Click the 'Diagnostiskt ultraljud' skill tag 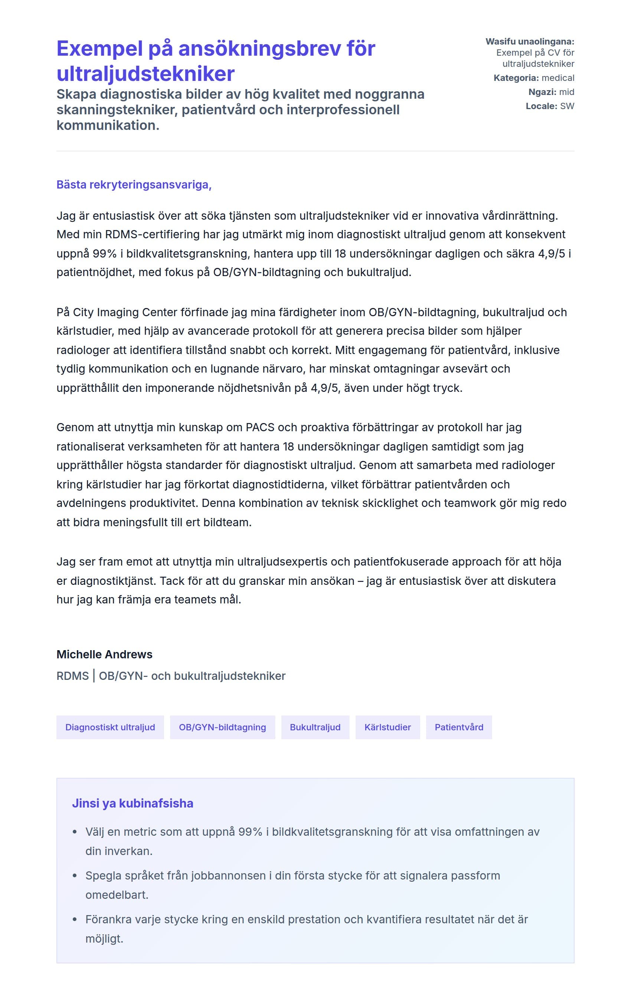[110, 727]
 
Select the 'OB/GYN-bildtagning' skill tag [222, 727]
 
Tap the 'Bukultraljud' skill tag [315, 727]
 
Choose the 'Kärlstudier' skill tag [388, 727]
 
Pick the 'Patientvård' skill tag [459, 727]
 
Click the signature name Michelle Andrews [104, 654]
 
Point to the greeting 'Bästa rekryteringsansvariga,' [134, 184]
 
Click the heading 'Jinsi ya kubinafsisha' [133, 803]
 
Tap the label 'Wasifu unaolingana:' [530, 42]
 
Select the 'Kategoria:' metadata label [516, 78]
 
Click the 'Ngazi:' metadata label [542, 92]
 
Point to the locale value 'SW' [567, 106]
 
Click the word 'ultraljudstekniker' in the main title [145, 74]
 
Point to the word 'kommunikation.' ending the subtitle [108, 125]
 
